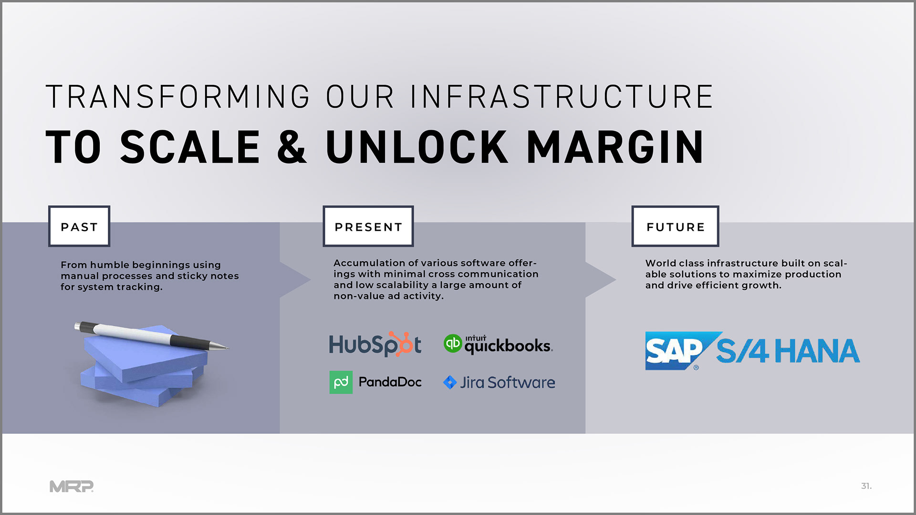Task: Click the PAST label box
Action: (79, 227)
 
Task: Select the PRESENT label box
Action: (368, 227)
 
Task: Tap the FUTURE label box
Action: (675, 227)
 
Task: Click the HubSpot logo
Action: (375, 344)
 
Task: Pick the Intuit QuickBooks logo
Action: (499, 344)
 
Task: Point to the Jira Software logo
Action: (499, 382)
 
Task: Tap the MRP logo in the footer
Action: (72, 486)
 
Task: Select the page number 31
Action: (866, 486)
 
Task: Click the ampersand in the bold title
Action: (291, 147)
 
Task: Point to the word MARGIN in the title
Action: (615, 147)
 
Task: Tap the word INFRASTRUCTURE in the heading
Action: (562, 96)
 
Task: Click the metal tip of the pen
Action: (220, 346)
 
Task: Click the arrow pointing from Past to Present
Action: (295, 280)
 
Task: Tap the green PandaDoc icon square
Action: (341, 382)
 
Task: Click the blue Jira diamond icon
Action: (450, 382)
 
